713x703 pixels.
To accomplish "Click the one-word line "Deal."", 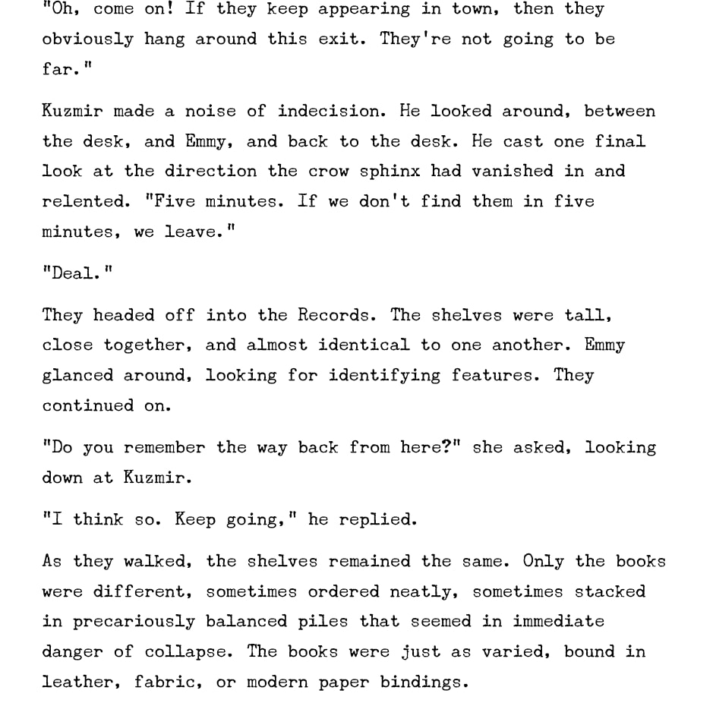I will [x=77, y=273].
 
